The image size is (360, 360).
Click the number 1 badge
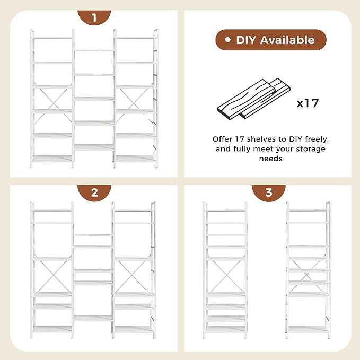click(x=94, y=17)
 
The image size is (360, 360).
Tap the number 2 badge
click(x=94, y=192)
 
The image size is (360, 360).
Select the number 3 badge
click(x=268, y=192)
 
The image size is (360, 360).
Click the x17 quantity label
click(x=308, y=102)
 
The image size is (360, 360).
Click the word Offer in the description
click(x=224, y=139)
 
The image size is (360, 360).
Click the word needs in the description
click(x=270, y=159)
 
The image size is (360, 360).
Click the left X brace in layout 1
click(x=52, y=99)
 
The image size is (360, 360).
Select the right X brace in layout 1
click(x=136, y=99)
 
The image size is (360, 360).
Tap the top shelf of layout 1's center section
click(x=94, y=51)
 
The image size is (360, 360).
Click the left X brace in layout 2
click(x=52, y=276)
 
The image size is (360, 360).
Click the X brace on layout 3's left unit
click(x=225, y=276)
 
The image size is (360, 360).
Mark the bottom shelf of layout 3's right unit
click(x=308, y=329)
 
